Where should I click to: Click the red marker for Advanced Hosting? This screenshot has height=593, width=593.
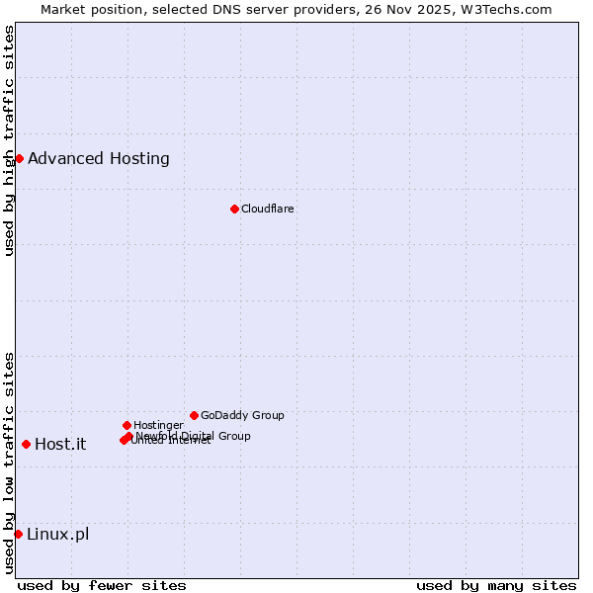19,158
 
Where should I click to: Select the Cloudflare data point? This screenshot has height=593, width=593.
234,209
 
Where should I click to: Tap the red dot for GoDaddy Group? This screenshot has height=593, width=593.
194,415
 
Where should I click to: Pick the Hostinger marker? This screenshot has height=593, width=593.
127,425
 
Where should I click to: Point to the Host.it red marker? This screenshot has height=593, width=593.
26,444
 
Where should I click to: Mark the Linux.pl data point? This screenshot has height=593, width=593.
18,534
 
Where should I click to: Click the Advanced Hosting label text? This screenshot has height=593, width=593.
99,158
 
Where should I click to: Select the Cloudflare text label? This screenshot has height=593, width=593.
268,209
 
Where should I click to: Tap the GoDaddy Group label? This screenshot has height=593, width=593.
242,415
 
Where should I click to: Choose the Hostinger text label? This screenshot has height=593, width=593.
158,425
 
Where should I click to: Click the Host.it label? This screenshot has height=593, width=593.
60,444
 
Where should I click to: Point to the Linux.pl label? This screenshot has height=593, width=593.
57,534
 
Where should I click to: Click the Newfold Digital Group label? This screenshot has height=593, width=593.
194,436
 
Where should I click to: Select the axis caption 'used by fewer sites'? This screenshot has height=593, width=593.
102,585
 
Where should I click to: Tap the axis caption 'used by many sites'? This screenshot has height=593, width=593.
496,585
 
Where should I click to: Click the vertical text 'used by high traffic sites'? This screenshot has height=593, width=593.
9,140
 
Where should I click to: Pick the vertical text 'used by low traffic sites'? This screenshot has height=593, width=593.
9,463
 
